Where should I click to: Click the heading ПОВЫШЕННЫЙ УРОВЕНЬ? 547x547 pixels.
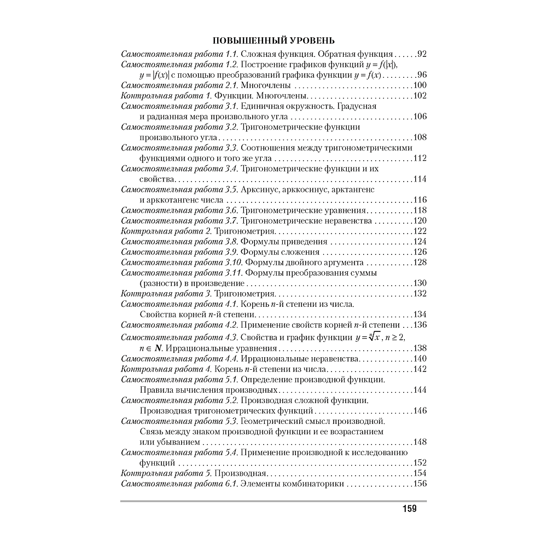point(273,41)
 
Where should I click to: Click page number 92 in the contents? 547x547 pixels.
point(421,54)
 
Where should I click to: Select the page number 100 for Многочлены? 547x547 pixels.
point(419,85)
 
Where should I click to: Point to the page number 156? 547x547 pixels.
point(419,484)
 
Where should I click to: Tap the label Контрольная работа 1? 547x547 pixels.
point(165,96)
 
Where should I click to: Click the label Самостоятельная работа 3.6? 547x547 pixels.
point(179,211)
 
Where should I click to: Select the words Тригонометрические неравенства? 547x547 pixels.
point(306,221)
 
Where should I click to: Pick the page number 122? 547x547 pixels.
point(419,231)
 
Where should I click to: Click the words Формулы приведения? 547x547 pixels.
point(284,242)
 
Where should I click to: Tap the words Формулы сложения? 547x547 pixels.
point(280,252)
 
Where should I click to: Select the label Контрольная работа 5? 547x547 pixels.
point(165,474)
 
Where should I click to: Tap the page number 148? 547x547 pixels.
point(419,442)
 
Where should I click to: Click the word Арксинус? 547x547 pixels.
point(259,190)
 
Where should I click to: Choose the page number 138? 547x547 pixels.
point(419,348)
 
